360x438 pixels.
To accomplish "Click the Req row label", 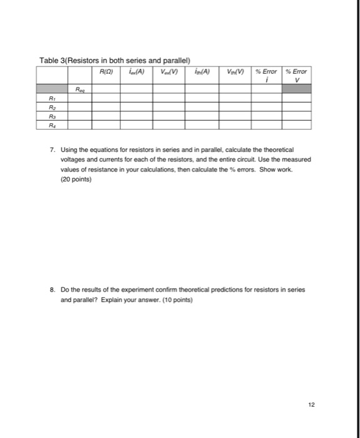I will pos(80,89).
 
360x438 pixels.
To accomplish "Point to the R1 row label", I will pos(53,98).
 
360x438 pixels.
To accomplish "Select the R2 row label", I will pos(53,107).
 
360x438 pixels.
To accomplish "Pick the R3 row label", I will pos(53,116).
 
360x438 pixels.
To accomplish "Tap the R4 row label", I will pos(53,125).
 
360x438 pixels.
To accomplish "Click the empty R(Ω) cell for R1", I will pos(106,98).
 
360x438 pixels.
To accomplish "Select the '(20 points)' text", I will pos(76,179).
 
